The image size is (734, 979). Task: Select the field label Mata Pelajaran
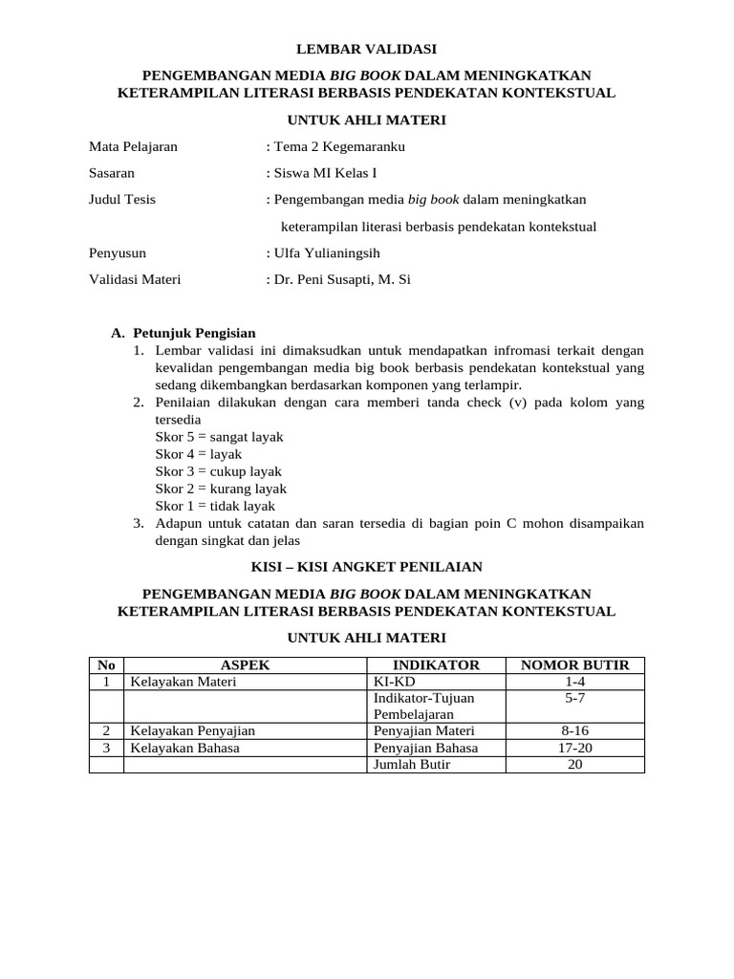point(133,146)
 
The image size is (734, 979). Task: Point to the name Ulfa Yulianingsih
point(326,253)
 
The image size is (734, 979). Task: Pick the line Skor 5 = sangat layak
point(219,437)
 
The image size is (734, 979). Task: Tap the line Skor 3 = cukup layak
point(218,471)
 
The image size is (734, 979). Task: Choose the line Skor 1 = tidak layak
point(215,506)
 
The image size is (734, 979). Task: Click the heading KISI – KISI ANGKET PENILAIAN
point(367,566)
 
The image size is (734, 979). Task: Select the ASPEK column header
point(246,665)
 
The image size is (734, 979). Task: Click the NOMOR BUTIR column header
point(574,665)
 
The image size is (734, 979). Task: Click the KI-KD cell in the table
point(393,682)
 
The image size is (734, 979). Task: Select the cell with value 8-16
point(574,730)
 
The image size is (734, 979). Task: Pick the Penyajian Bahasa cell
point(425,748)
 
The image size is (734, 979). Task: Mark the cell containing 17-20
point(574,748)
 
